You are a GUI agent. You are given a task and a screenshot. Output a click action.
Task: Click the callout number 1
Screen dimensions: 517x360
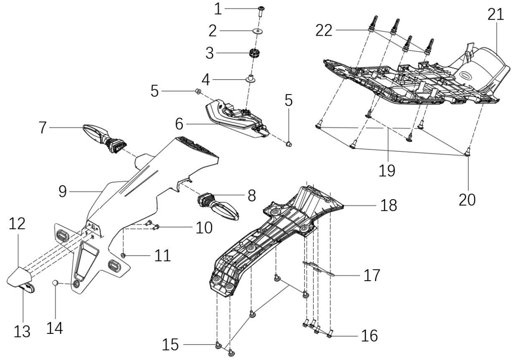(x=218, y=9)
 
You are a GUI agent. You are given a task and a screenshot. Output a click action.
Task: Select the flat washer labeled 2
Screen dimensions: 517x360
(x=258, y=31)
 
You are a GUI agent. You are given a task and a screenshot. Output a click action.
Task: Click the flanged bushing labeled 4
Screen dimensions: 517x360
(x=252, y=78)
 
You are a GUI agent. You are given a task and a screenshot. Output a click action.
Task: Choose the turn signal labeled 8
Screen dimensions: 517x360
(x=218, y=206)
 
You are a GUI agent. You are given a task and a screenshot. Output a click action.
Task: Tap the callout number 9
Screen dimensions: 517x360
(x=63, y=191)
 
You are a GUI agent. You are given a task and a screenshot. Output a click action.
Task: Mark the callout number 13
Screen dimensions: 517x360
(x=22, y=331)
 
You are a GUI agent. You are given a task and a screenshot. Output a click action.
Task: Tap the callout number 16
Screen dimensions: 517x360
(x=369, y=336)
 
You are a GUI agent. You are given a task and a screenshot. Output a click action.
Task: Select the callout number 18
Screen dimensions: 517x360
(x=389, y=205)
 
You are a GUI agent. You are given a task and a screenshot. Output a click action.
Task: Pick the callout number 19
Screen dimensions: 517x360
(x=387, y=170)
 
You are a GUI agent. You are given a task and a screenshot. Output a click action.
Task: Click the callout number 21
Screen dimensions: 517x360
(x=496, y=14)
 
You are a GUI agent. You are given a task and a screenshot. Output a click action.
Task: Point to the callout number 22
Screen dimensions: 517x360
(x=324, y=31)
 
